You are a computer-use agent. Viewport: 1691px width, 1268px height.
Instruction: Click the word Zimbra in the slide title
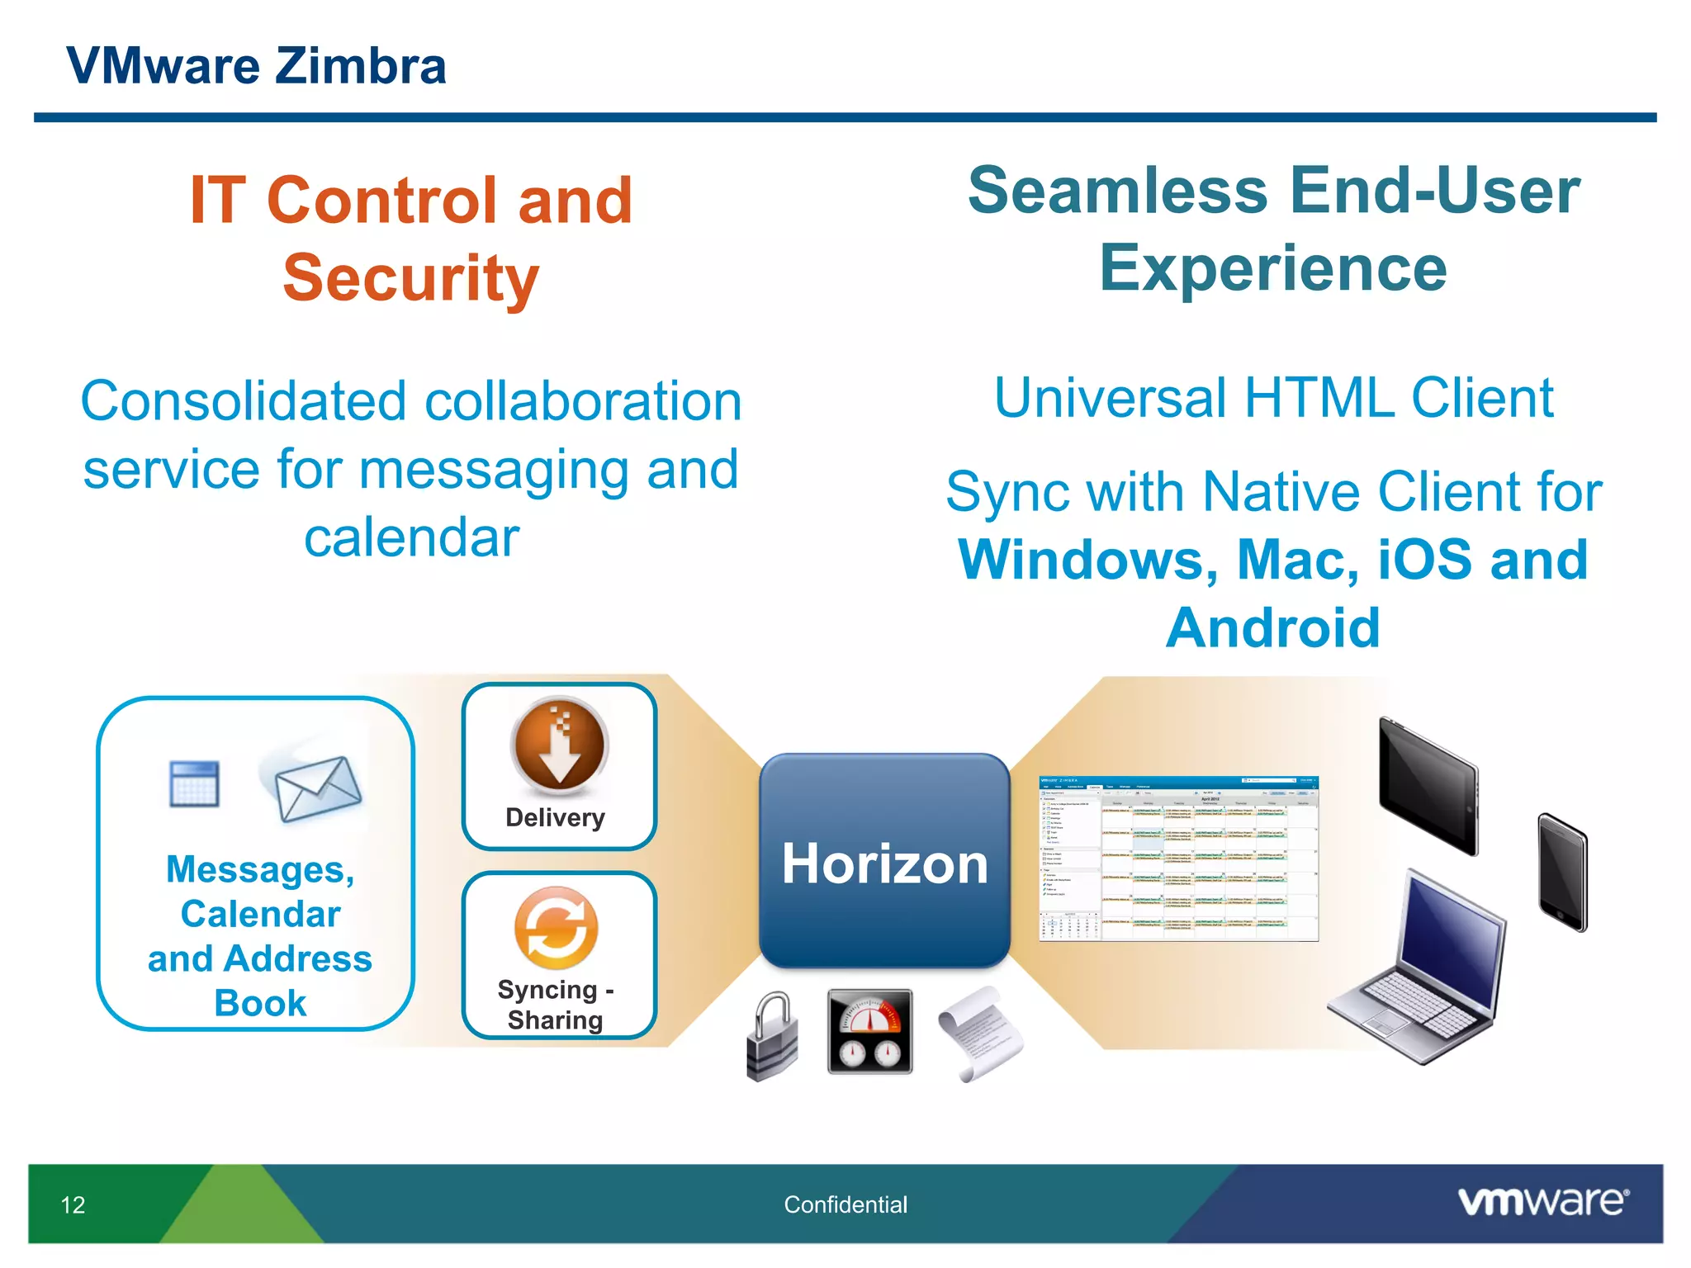(360, 66)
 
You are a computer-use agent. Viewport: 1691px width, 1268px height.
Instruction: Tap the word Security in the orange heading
(410, 278)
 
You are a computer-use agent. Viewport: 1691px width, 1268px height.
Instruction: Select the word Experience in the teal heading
(1272, 268)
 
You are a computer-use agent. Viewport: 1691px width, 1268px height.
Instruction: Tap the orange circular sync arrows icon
(556, 928)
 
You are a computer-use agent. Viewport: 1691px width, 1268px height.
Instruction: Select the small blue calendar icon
(195, 783)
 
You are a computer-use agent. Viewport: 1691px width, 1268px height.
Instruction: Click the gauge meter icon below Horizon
(869, 1031)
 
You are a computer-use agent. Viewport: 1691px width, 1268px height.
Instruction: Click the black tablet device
(1428, 784)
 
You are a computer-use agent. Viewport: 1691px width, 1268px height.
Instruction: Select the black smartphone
(1561, 872)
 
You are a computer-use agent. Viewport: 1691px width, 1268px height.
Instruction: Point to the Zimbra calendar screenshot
(1178, 859)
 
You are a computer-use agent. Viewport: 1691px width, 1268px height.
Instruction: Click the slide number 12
(73, 1204)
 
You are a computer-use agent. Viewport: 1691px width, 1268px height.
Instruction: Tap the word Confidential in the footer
(845, 1204)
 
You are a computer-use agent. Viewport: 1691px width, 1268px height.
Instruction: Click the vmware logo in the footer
(1542, 1202)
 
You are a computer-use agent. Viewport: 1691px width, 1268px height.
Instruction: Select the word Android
(1272, 628)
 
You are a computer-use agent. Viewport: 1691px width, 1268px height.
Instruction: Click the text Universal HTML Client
(1273, 398)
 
